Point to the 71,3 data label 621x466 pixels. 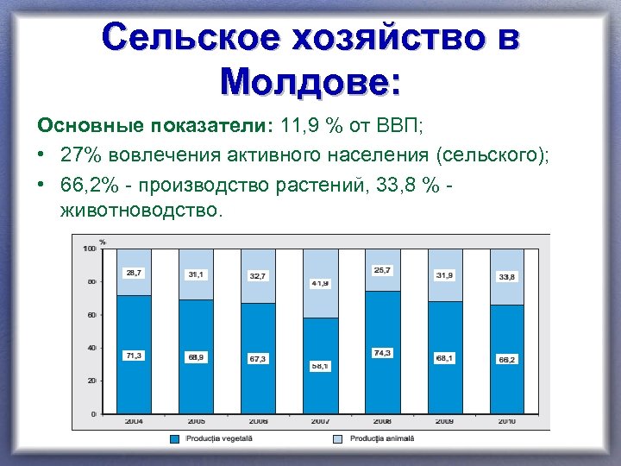(134, 356)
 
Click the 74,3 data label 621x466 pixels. (382, 353)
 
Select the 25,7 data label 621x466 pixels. (382, 270)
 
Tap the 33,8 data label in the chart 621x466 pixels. (506, 277)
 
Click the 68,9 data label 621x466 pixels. (196, 356)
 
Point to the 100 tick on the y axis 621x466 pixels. (90, 249)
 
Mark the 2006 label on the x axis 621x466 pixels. (258, 421)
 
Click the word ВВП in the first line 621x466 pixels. (398, 125)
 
